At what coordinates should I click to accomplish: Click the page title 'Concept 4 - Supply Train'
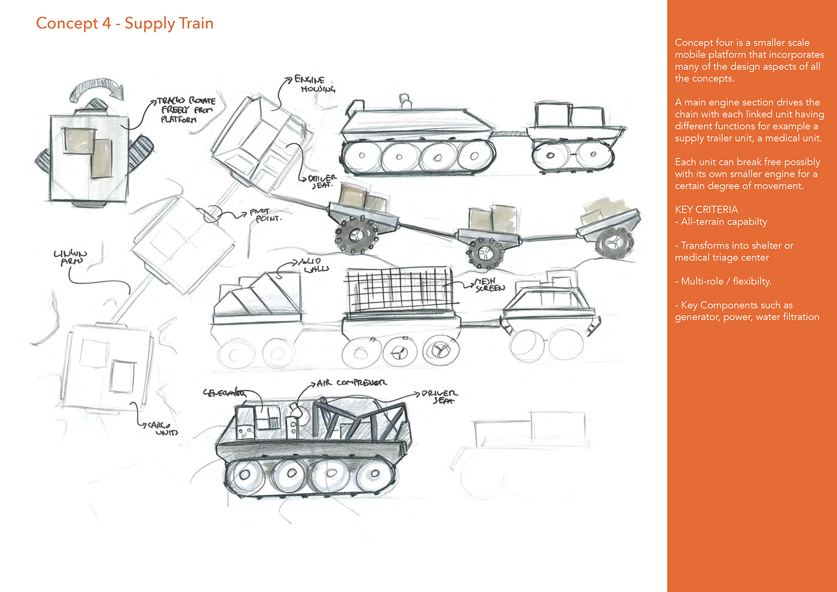124,23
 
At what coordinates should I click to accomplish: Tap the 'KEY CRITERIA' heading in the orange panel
706,209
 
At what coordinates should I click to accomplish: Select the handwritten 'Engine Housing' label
313,84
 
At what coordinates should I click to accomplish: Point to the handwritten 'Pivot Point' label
265,215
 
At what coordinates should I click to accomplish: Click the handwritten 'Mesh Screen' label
490,285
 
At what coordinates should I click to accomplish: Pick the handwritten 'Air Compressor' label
352,383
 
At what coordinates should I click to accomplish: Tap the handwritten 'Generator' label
224,393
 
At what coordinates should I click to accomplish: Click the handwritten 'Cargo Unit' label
162,429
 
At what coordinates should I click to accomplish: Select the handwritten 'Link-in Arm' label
71,257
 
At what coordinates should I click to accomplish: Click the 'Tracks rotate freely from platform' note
186,110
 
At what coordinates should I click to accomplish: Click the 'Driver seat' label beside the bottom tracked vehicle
439,397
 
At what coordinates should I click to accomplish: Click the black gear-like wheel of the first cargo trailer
356,234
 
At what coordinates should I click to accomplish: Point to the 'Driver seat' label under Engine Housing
322,182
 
